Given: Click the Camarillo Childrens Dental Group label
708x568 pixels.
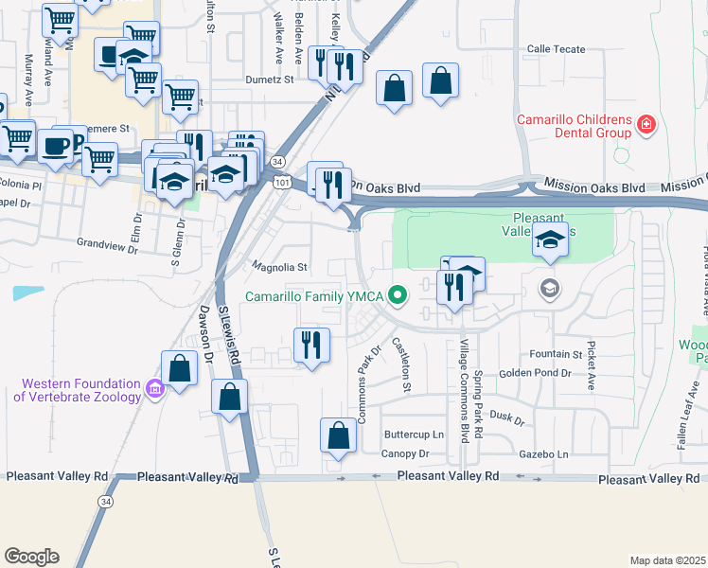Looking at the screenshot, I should (x=574, y=126).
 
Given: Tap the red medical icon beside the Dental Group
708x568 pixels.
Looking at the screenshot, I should (x=646, y=124).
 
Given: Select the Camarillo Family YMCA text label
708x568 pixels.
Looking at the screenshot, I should (x=312, y=296).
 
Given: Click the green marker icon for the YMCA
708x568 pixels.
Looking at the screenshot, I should (x=398, y=296).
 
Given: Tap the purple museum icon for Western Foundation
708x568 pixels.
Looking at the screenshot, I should (x=153, y=388).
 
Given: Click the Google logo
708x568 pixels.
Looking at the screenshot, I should (x=31, y=557).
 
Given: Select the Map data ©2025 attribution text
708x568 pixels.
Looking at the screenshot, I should (x=666, y=560).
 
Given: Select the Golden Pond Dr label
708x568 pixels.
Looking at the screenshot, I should (x=535, y=374).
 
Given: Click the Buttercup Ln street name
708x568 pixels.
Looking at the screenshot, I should (x=413, y=435).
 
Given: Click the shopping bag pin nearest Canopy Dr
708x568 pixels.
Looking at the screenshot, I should (x=338, y=436).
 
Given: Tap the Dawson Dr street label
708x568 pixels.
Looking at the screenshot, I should (x=205, y=346).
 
